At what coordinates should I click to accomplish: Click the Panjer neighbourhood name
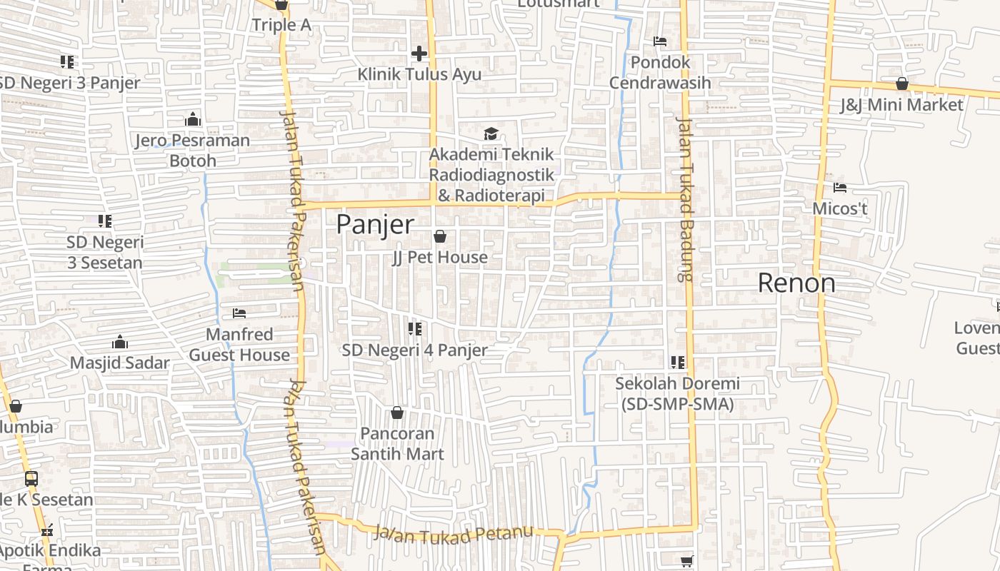coord(374,225)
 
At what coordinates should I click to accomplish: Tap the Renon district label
coord(796,283)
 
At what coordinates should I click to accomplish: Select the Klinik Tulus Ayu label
coord(419,74)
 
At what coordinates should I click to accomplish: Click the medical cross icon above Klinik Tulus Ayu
coord(419,54)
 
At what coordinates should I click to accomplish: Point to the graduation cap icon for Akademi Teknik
coord(491,133)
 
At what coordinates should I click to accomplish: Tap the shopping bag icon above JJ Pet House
coord(440,236)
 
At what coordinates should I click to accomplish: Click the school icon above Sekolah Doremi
coord(677,363)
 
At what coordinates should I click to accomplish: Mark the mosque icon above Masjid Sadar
coord(120,342)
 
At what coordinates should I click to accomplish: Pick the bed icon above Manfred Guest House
coord(239,313)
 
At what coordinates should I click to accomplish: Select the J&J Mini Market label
coord(901,105)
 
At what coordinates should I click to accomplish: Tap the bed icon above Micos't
coord(840,188)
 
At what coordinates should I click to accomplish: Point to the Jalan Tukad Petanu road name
coord(454,533)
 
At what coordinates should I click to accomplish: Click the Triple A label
coord(281,25)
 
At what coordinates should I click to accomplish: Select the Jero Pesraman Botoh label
coord(193,150)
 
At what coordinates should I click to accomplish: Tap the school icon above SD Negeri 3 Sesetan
coord(105,221)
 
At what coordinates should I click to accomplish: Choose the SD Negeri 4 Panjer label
coord(414,350)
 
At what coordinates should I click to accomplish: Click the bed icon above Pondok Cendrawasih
coord(660,41)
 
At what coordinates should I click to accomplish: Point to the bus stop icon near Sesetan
coord(31,478)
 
